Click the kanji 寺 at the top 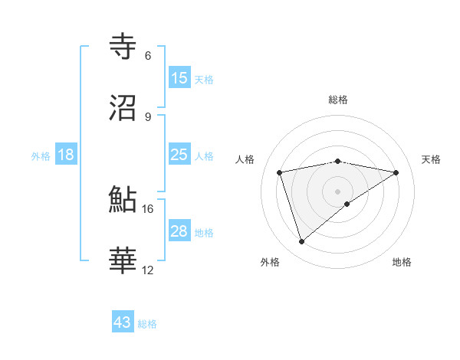pos(124,47)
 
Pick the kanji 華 pos(124,260)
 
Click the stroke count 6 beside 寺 pos(147,56)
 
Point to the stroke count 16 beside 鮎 pos(148,208)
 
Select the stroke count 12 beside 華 pos(148,270)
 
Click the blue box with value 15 pos(179,78)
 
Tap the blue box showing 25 pos(179,155)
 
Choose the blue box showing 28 pos(179,231)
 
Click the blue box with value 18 pos(66,155)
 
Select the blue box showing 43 pos(123,322)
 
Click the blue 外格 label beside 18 pos(41,155)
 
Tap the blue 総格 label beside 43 pos(147,324)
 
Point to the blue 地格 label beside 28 pos(204,232)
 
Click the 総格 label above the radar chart pos(338,100)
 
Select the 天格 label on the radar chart pos(431,159)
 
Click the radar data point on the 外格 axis pos(301,242)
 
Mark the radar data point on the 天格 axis pos(396,172)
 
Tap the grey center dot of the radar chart pos(338,191)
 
